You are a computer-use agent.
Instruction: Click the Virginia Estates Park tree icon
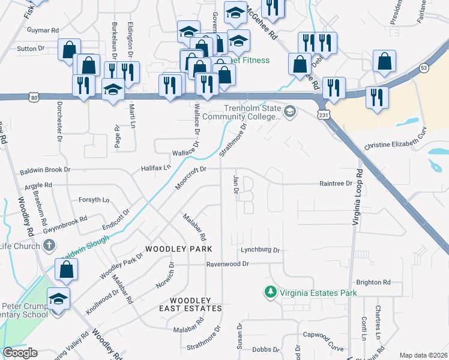tap(271, 292)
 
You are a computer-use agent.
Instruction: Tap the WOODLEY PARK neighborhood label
tap(176, 248)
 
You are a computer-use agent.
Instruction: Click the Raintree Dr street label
tap(336, 184)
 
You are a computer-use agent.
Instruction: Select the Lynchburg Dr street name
tap(261, 250)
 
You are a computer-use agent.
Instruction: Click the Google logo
tap(20, 353)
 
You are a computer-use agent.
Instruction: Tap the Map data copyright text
tap(423, 355)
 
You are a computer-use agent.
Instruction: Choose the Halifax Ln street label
tap(155, 169)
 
